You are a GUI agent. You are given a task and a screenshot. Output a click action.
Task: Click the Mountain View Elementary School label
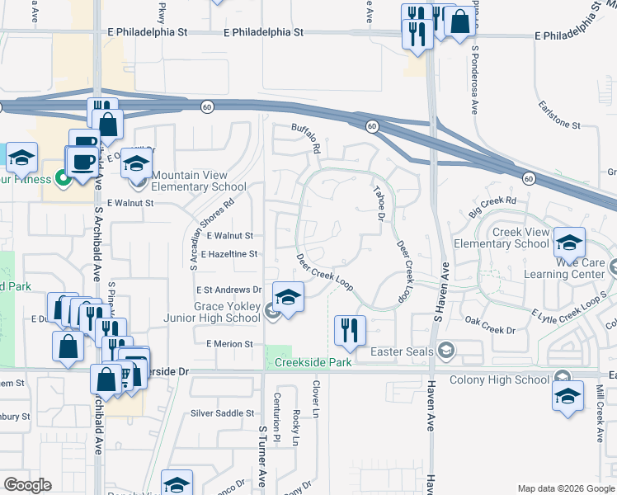click(x=199, y=181)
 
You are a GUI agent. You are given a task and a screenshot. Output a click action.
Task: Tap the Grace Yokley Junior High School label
click(x=227, y=312)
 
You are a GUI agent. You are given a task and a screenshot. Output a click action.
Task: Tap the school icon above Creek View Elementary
click(x=569, y=242)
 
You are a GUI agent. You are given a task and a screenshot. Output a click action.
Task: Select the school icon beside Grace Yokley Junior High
click(x=288, y=296)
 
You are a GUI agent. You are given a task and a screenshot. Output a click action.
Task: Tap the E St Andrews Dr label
click(x=228, y=290)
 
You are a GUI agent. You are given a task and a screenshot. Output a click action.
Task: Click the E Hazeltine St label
click(x=228, y=254)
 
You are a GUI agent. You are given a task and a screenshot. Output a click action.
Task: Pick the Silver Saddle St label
click(x=222, y=413)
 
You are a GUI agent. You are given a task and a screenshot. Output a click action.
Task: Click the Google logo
click(x=27, y=485)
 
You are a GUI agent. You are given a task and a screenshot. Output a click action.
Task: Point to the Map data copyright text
click(x=565, y=488)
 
